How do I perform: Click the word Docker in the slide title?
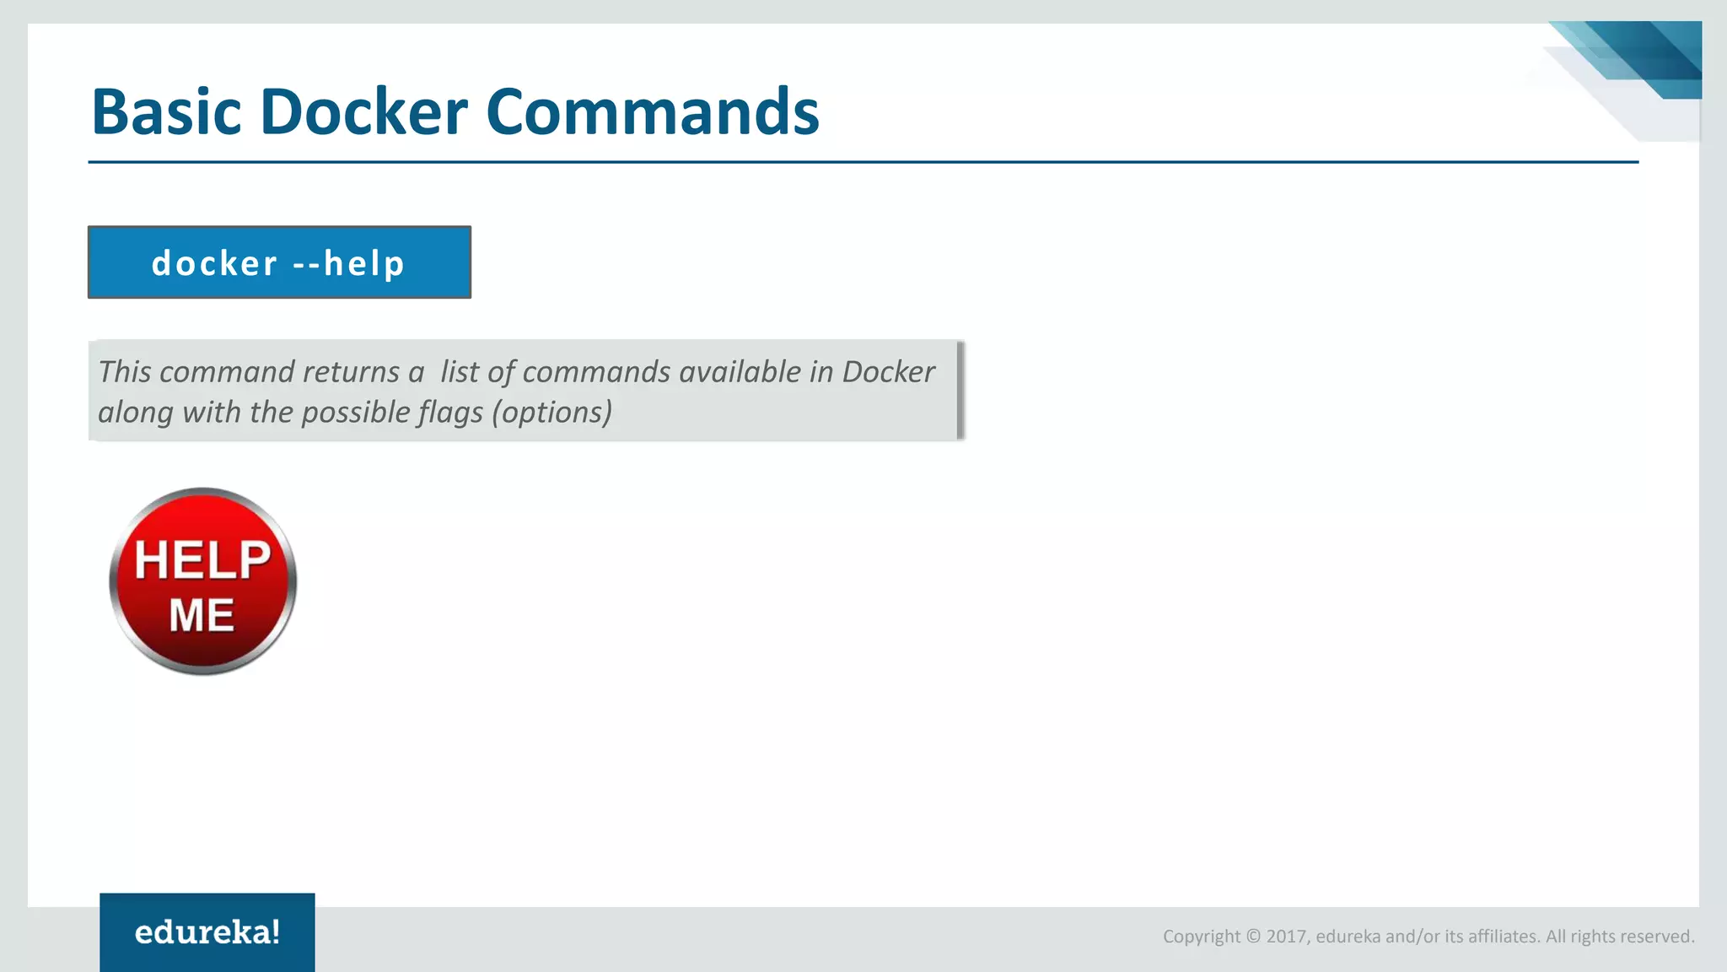[x=363, y=111]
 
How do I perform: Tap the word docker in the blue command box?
[x=214, y=263]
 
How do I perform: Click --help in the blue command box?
[x=348, y=263]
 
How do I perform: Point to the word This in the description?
[x=124, y=372]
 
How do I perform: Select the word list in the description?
[x=459, y=372]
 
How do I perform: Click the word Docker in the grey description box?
[x=888, y=372]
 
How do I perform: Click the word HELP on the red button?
[x=202, y=559]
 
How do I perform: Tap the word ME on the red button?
[x=202, y=615]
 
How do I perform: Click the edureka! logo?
[x=207, y=932]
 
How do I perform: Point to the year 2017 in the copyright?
[x=1286, y=937]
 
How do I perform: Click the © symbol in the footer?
[x=1253, y=937]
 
